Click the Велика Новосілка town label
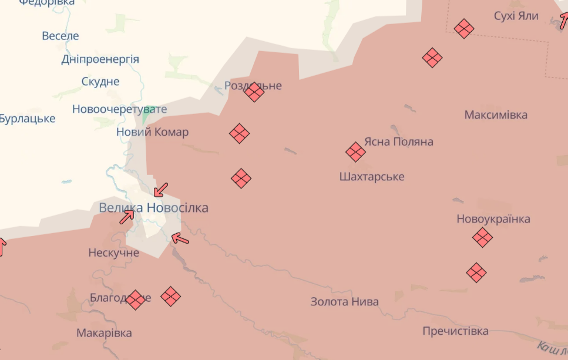(x=153, y=208)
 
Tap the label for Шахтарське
(x=372, y=177)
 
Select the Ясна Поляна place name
(x=399, y=142)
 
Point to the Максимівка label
(x=496, y=115)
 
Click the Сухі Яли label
(x=516, y=16)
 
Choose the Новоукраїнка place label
(x=493, y=219)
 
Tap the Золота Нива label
(x=345, y=302)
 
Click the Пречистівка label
(x=455, y=331)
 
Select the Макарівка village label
(x=104, y=333)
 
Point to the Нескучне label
(x=114, y=253)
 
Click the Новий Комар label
(x=153, y=132)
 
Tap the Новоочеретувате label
(x=119, y=109)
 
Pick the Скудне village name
(x=100, y=82)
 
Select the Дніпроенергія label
(x=100, y=59)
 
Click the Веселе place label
(x=60, y=36)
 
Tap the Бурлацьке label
(x=27, y=119)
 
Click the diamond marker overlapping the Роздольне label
(x=254, y=92)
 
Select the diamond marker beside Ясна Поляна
(x=355, y=152)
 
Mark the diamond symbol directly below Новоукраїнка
(x=482, y=238)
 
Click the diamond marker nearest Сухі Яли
(x=464, y=28)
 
